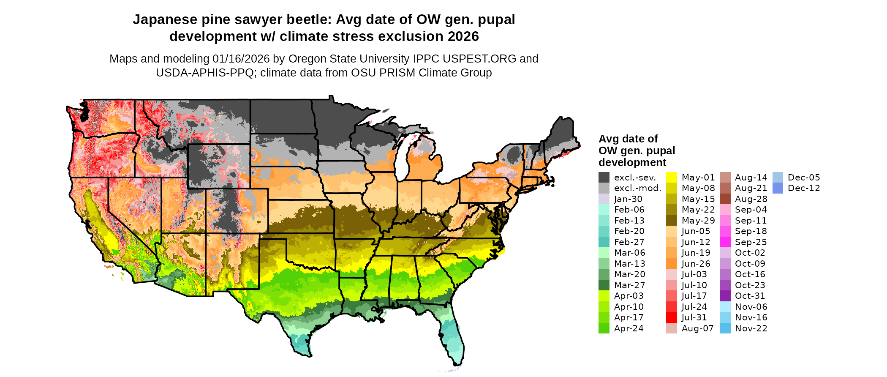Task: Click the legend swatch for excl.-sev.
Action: coord(604,178)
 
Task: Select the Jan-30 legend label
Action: coord(628,199)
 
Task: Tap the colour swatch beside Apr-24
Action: coord(604,328)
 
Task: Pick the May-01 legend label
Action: coord(698,178)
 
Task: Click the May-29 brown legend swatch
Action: coord(672,221)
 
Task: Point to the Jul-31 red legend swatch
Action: coord(672,317)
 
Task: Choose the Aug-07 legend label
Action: coord(697,328)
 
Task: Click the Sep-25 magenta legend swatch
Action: coord(725,242)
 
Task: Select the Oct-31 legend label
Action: coord(750,296)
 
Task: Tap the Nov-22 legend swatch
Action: coord(725,328)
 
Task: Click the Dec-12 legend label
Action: coord(804,188)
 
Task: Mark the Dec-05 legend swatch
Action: coord(778,178)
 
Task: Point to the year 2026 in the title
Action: coord(463,37)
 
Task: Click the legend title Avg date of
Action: coord(628,139)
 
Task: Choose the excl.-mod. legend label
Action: coord(638,188)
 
